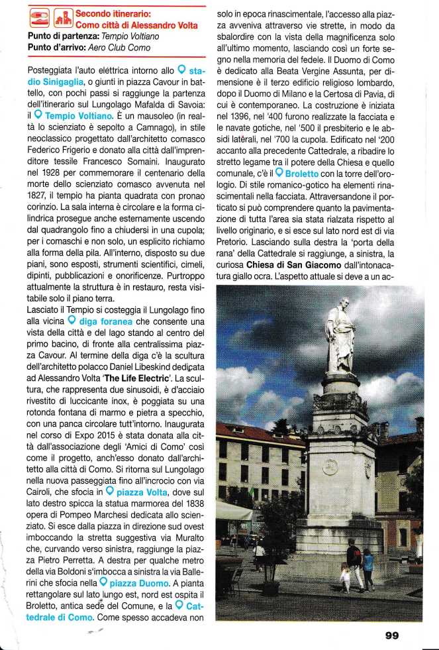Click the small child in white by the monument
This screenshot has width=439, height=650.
(345, 576)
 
